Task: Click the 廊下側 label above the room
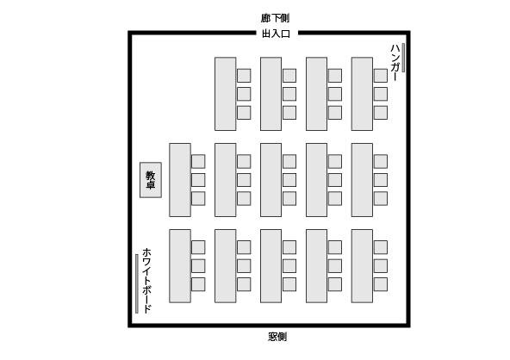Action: point(275,18)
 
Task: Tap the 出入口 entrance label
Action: point(276,34)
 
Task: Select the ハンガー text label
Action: point(395,62)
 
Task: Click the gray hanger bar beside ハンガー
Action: point(403,58)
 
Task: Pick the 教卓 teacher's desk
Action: point(151,180)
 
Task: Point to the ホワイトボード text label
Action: point(146,280)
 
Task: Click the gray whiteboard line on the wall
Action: point(137,283)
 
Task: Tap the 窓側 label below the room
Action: point(277,337)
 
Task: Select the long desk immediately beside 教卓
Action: point(180,180)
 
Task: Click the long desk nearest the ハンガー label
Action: point(362,94)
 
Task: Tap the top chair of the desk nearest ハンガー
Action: point(381,76)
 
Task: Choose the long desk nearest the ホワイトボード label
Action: point(180,266)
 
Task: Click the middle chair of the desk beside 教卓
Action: point(198,180)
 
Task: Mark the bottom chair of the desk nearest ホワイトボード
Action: point(198,284)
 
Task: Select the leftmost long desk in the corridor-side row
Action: point(226,94)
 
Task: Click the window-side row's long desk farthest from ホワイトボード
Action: point(362,266)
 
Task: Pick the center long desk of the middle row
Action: point(271,180)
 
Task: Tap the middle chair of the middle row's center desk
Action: point(289,180)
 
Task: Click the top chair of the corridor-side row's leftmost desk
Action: point(244,76)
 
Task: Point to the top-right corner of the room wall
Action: point(408,33)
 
